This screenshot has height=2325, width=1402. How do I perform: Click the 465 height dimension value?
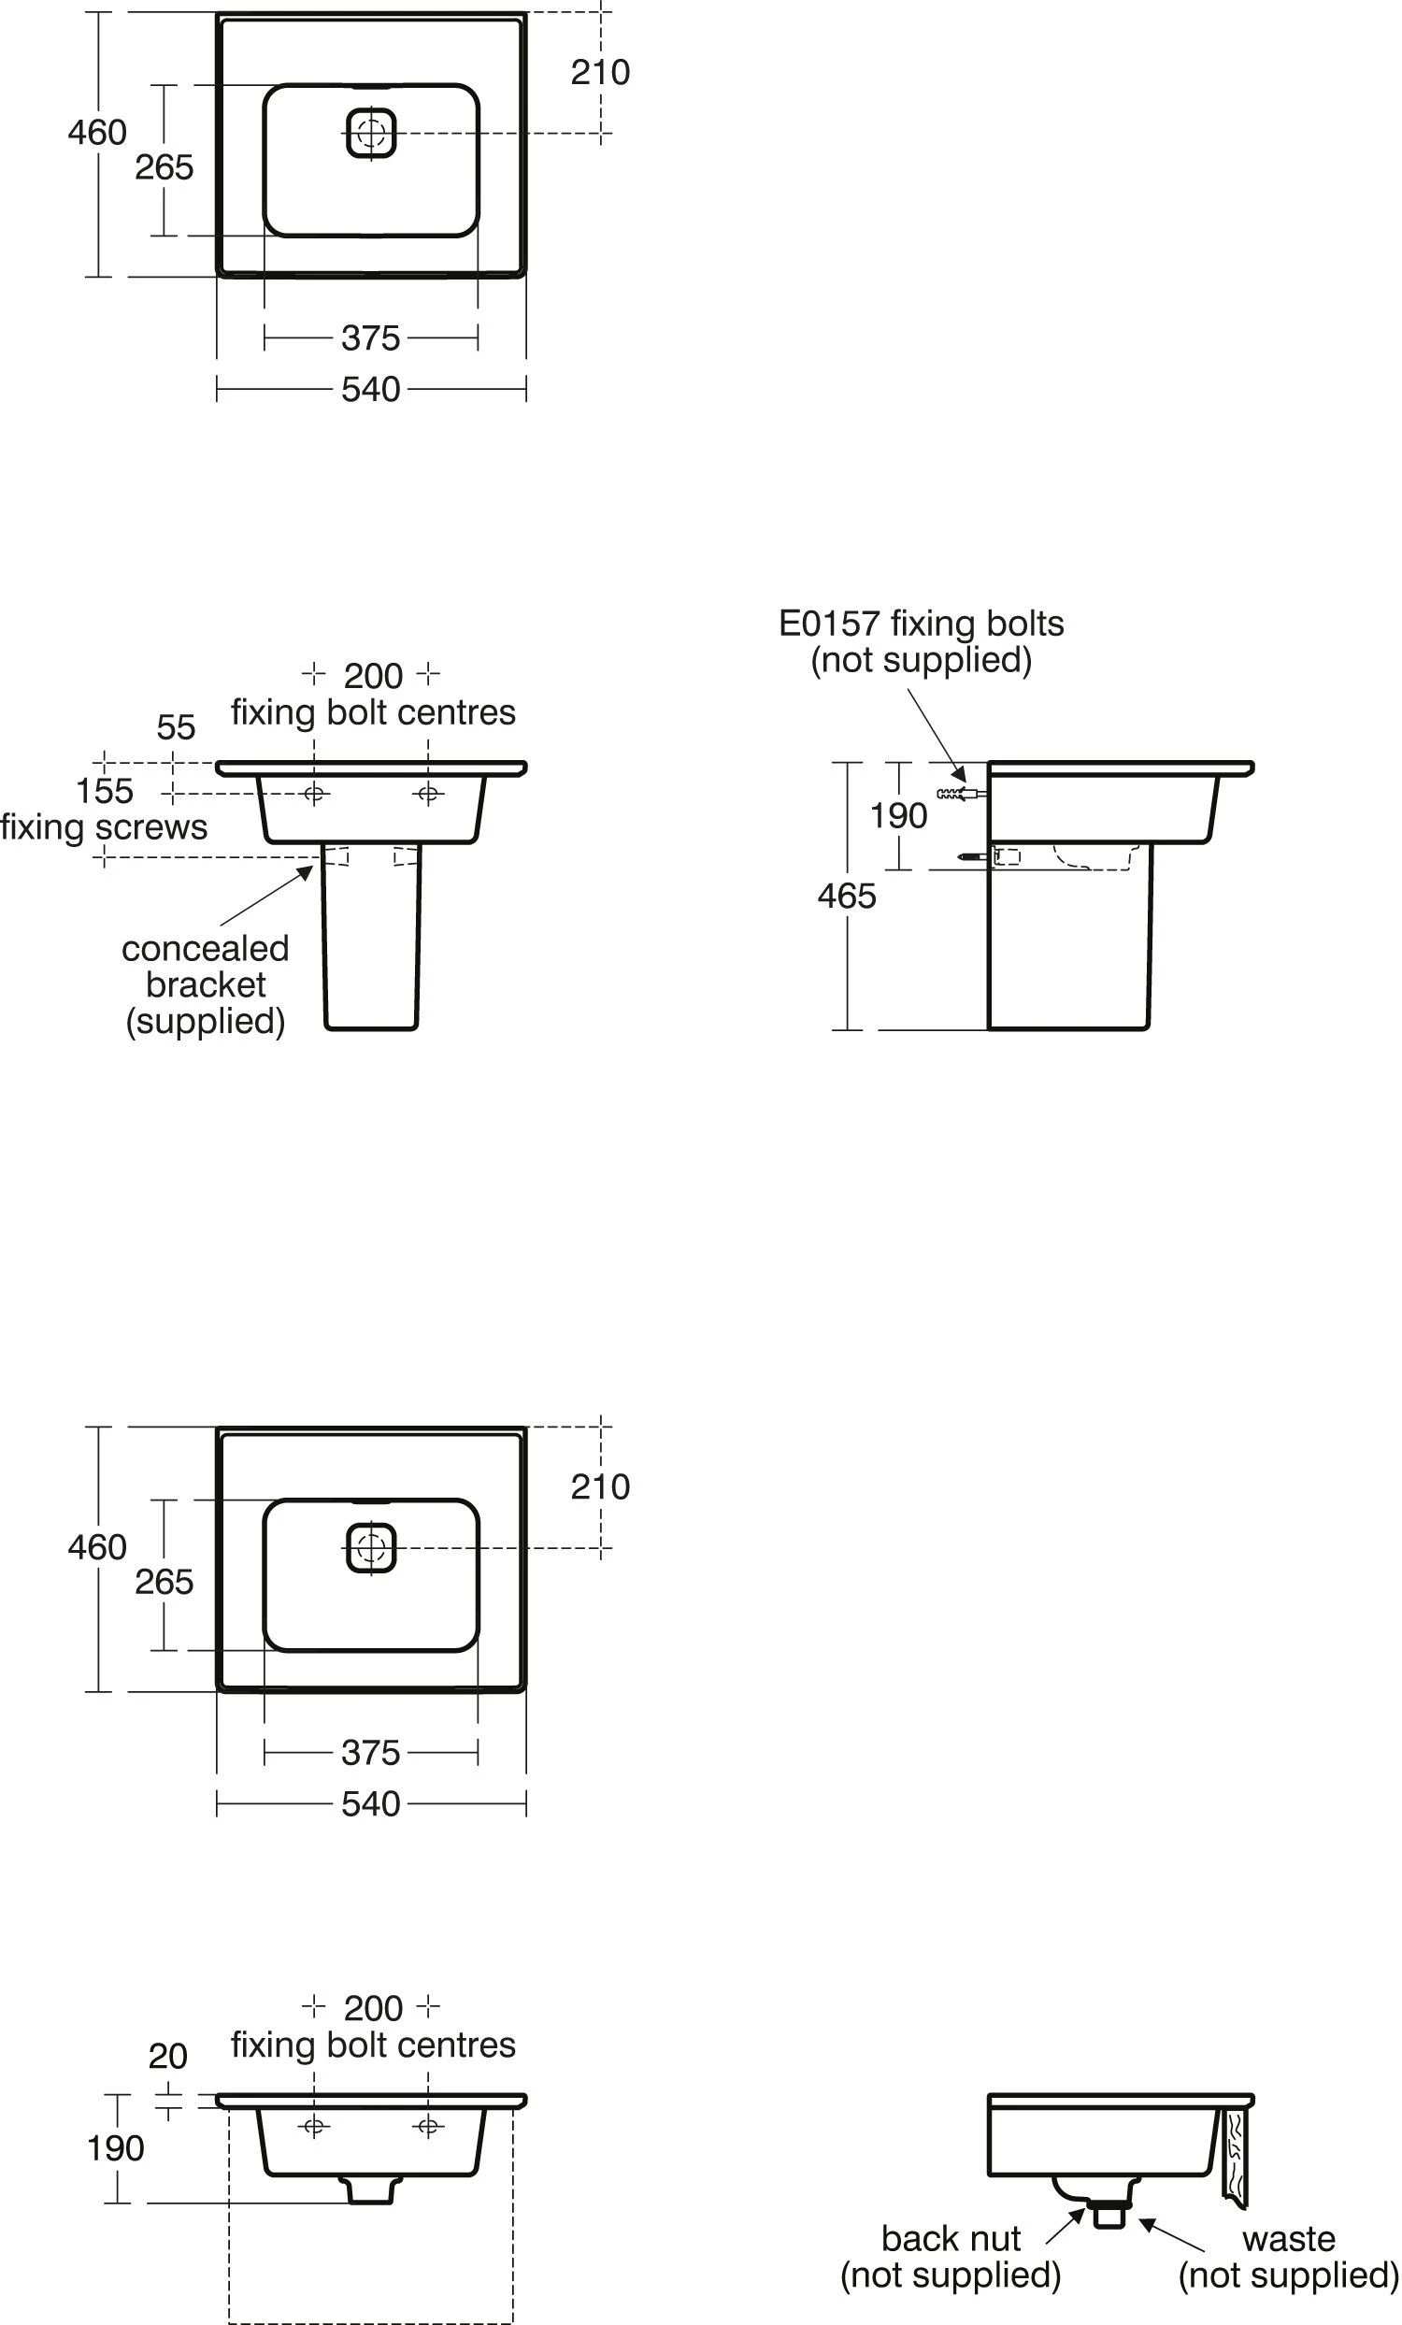pos(846,896)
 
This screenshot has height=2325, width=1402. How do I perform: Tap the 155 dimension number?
pos(104,791)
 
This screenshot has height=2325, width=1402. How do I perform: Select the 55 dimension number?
pos(177,727)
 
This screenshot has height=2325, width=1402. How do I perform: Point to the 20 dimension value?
pos(168,2056)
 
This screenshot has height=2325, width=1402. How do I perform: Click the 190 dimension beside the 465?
pos(898,816)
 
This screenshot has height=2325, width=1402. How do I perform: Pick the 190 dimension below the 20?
pos(115,2148)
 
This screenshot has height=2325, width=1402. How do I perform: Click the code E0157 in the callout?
pos(829,624)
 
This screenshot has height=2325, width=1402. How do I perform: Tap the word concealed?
pos(205,949)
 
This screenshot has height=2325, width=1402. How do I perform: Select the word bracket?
pos(206,985)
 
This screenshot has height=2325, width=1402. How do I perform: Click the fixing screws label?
pos(104,827)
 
